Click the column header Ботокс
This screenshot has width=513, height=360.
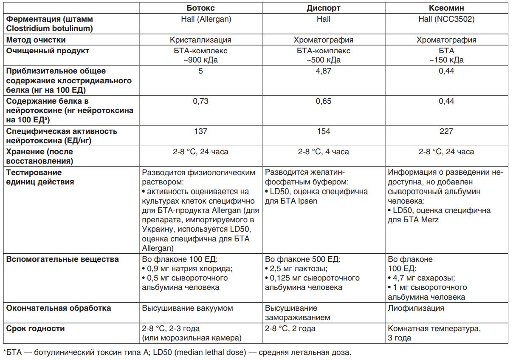[200, 8]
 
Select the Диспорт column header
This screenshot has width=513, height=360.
[324, 8]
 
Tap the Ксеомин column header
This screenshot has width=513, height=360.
[446, 8]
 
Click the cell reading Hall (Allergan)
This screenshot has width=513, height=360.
[200, 19]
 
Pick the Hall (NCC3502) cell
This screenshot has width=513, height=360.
[446, 19]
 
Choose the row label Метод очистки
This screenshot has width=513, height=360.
[36, 40]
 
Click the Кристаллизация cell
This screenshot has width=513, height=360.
[200, 40]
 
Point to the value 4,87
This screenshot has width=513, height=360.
[324, 71]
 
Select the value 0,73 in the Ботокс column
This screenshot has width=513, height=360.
[200, 101]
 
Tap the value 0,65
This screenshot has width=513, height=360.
[324, 101]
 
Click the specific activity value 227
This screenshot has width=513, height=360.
[446, 131]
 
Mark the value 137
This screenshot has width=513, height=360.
[200, 131]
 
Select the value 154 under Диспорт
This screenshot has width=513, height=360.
[324, 131]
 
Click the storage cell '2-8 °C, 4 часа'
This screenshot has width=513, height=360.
[324, 152]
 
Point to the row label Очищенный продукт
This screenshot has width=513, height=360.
[48, 51]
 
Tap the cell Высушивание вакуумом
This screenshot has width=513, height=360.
[187, 308]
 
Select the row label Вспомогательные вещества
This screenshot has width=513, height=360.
[62, 259]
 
